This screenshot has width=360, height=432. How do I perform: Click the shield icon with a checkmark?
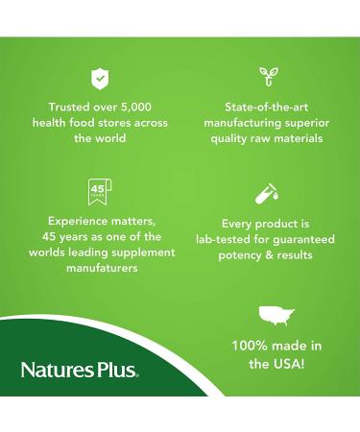[100, 78]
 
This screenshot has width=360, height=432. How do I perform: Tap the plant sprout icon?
[268, 78]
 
